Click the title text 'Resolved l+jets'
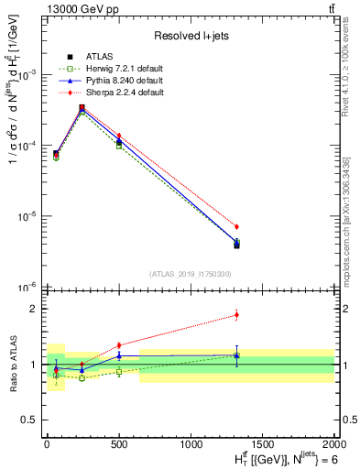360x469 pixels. coord(189,36)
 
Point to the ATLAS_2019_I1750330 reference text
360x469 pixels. coord(188,273)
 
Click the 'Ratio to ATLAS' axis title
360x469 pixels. coord(12,364)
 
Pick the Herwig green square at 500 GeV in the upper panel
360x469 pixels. coord(119,146)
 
